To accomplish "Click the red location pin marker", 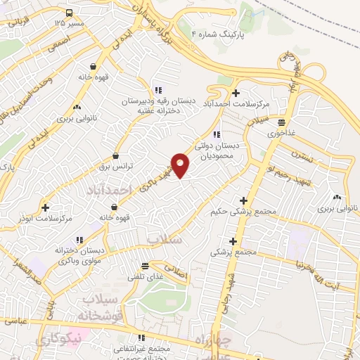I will pyautogui.click(x=181, y=165).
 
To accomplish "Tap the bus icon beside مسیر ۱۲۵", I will pyautogui.click(x=70, y=13).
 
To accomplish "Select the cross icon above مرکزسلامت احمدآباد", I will pyautogui.click(x=236, y=94).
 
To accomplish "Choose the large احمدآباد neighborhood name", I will pyautogui.click(x=108, y=191).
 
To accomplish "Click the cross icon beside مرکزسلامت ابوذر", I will pyautogui.click(x=46, y=207).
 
